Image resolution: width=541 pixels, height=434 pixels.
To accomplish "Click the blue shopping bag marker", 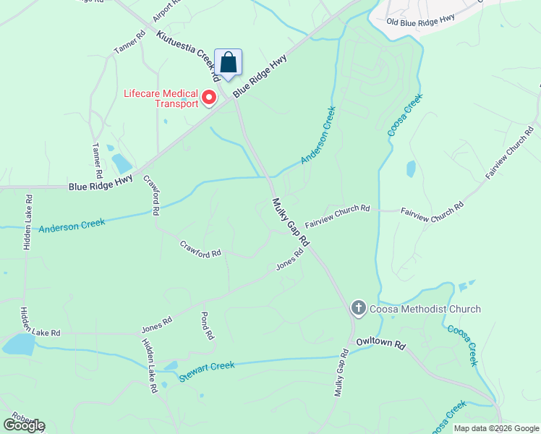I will pyautogui.click(x=228, y=62).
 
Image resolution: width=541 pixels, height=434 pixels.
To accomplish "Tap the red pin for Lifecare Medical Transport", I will pyautogui.click(x=209, y=96).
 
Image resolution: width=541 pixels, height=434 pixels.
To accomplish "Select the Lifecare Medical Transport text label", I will pyautogui.click(x=161, y=98).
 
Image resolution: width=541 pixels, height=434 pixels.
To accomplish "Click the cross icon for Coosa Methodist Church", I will pyautogui.click(x=358, y=309).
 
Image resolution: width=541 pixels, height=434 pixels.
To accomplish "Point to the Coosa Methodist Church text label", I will pyautogui.click(x=425, y=310).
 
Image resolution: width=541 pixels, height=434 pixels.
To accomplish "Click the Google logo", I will pyautogui.click(x=24, y=425).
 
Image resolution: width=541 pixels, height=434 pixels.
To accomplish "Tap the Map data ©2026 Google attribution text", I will pyautogui.click(x=495, y=428).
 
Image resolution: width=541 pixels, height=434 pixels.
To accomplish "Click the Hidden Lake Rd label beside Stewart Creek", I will pyautogui.click(x=149, y=365).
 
